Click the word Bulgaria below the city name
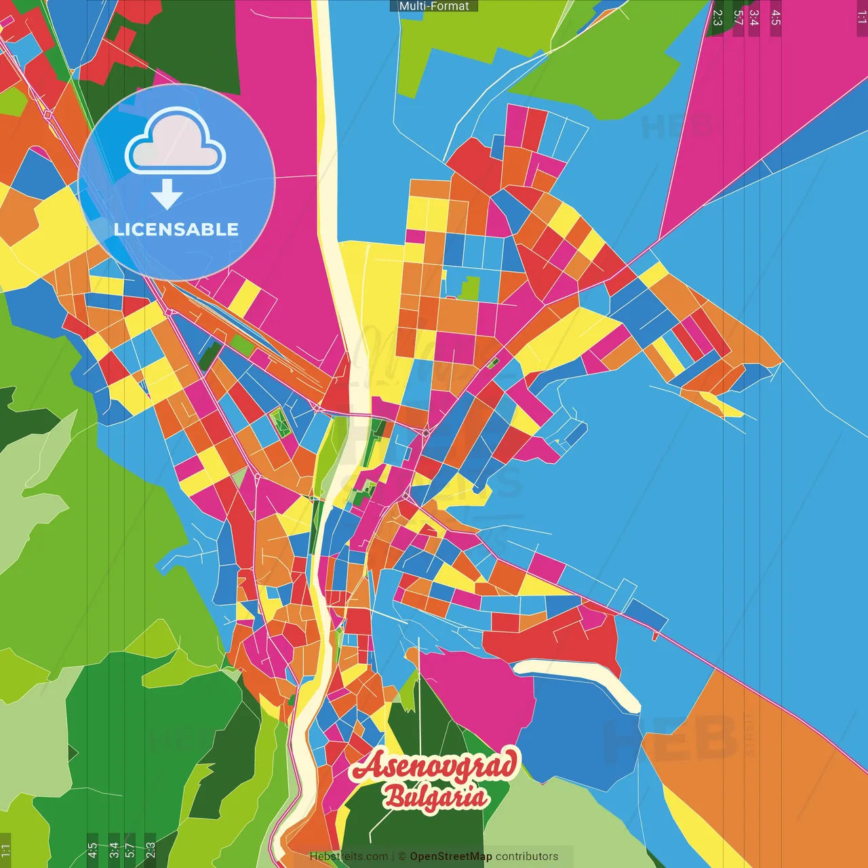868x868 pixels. tap(435, 796)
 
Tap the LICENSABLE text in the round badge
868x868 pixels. tap(176, 229)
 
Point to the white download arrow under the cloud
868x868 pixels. tap(167, 195)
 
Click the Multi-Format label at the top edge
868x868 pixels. tap(434, 6)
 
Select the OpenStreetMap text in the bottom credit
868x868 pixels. tap(451, 856)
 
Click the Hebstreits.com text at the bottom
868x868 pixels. tap(349, 856)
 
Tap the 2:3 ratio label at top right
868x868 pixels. tap(717, 18)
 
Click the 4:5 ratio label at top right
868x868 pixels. tap(776, 18)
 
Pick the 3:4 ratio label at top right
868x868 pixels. tap(754, 18)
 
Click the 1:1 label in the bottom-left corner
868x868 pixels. tap(6, 850)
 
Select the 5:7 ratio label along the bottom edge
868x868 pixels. tap(130, 850)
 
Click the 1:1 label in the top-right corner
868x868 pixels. tap(861, 18)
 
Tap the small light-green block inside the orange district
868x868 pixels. tap(469, 288)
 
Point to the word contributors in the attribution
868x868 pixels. tap(527, 856)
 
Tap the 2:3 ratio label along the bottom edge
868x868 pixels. tap(151, 850)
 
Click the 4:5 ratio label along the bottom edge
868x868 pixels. tap(92, 850)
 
